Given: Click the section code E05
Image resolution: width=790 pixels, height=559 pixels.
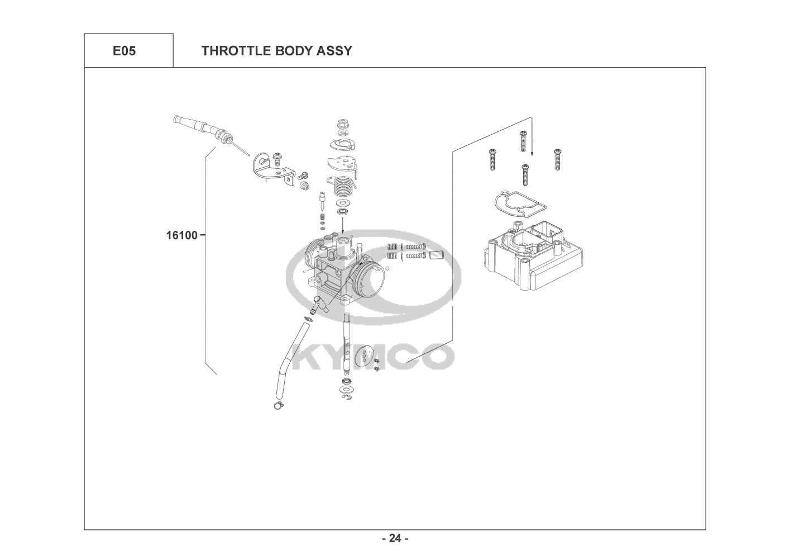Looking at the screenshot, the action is point(124,51).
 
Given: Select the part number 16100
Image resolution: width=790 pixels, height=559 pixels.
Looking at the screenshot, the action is point(181,235).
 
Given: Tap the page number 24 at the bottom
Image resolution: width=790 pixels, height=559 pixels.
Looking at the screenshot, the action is point(395,538).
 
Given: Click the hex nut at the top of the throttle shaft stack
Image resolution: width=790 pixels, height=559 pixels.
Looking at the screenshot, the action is point(343,123).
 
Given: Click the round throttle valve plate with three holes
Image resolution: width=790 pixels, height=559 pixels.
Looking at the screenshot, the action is point(365,356).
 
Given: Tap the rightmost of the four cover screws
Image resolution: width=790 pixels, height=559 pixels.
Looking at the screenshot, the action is point(557,159).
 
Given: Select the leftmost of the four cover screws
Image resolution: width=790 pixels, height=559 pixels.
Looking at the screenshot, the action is point(492,159).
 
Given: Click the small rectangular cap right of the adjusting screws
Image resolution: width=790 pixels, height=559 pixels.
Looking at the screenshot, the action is point(435,255).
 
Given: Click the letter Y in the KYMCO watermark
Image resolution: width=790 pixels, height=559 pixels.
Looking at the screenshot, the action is point(333,357).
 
